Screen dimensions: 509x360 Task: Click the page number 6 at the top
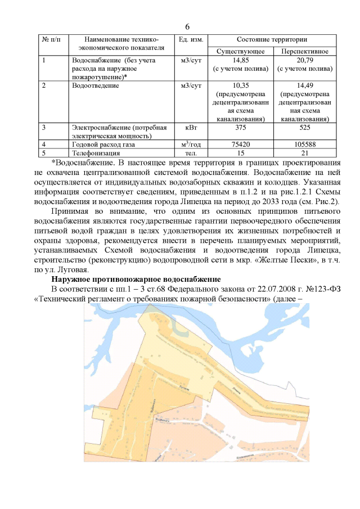[187, 26]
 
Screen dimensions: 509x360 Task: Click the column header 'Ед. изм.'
[190, 39]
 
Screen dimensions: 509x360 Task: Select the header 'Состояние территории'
[272, 39]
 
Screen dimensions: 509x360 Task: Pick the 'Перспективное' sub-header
[305, 51]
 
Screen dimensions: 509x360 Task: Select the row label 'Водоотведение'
[95, 85]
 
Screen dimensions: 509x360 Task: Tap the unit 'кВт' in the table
[190, 128]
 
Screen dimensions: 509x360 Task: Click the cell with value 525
[305, 128]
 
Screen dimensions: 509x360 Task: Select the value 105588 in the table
[305, 145]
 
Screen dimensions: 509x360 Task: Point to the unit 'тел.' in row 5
[190, 153]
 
